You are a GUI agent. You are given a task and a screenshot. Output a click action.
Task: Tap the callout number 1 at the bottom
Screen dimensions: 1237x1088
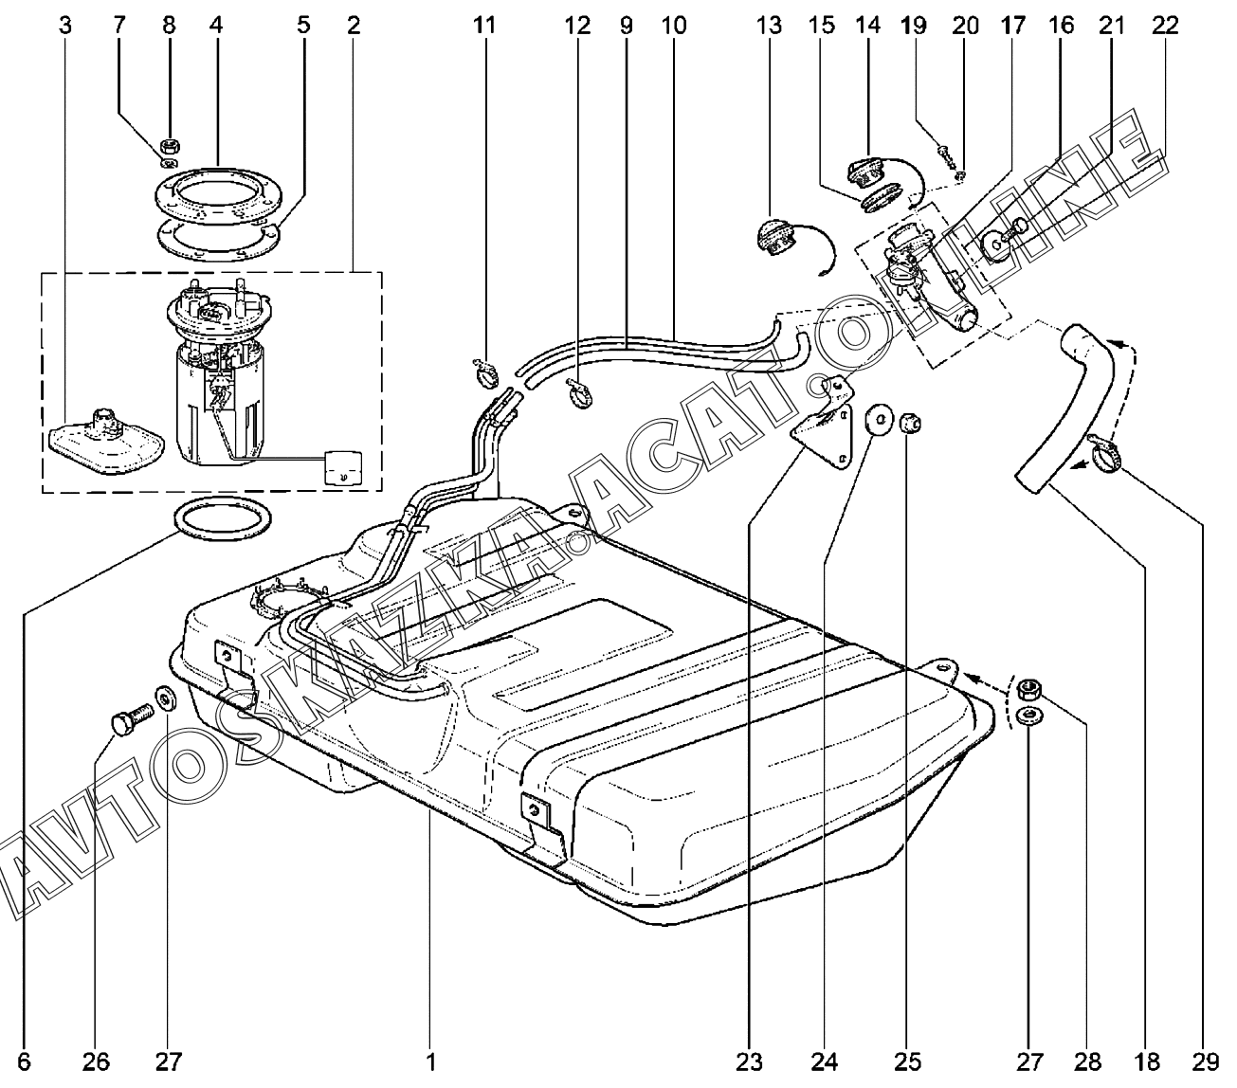(x=431, y=1062)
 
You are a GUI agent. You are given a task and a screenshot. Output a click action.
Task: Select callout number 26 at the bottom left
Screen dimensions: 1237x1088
(x=96, y=1062)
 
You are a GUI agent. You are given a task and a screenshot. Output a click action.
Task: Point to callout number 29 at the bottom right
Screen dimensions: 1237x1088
(x=1206, y=1062)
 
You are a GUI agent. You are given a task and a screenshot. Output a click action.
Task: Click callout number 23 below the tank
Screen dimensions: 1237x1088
(x=749, y=1062)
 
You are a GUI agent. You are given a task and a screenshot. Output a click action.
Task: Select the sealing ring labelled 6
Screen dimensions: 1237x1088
(x=223, y=519)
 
